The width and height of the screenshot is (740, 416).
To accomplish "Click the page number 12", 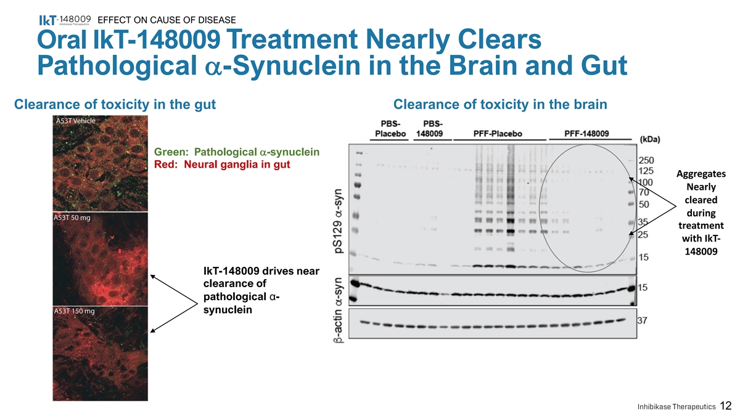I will [x=726, y=405].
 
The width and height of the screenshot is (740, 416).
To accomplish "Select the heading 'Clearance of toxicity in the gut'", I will [x=115, y=105].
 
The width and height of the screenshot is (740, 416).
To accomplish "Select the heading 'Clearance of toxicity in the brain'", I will [x=500, y=105].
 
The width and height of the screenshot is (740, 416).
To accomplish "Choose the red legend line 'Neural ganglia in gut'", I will [x=221, y=165].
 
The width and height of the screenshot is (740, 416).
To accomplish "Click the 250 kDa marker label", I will [x=647, y=160].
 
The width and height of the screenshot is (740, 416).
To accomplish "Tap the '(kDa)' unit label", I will [x=652, y=139].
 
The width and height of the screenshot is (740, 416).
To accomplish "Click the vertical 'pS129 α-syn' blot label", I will [x=340, y=219].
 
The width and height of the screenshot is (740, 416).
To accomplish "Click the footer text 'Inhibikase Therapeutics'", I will [x=676, y=406].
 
